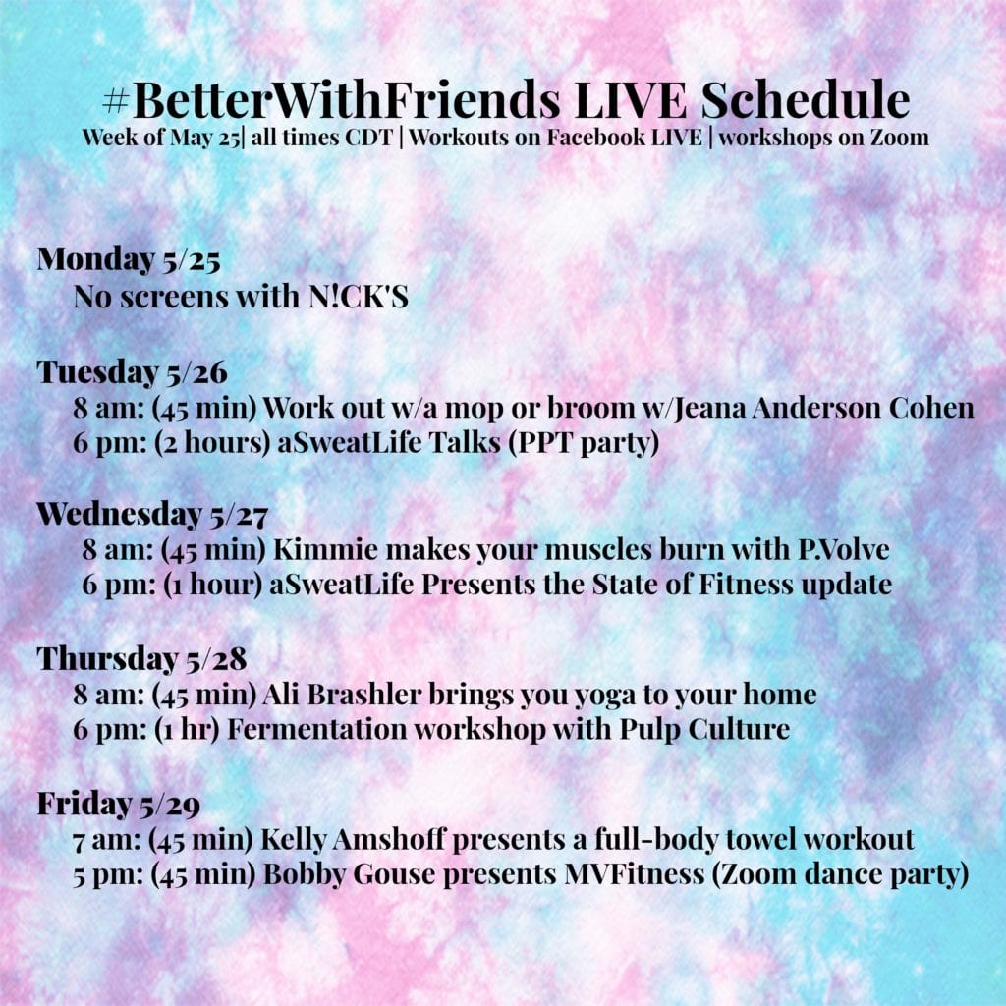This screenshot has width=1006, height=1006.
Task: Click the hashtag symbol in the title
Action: point(116,101)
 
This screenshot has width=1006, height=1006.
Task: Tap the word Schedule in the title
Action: point(806,100)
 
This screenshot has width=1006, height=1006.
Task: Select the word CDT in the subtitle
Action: point(368,138)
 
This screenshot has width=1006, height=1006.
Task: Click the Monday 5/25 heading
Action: point(129,259)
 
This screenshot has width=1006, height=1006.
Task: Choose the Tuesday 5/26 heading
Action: point(133,372)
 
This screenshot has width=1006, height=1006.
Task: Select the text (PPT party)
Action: point(584,443)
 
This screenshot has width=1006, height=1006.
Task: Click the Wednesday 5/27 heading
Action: point(152,515)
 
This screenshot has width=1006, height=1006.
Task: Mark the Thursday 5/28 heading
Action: point(141,659)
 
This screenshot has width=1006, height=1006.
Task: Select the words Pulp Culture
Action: point(704,730)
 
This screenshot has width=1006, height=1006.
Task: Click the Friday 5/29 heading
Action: point(119,805)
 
